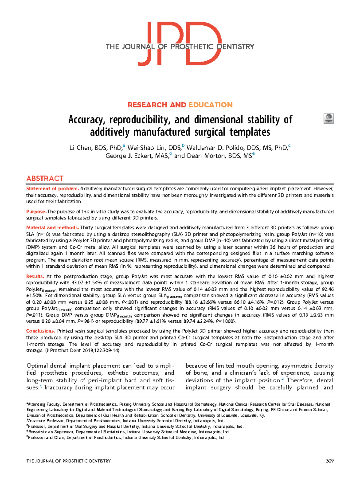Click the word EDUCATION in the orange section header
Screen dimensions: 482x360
coord(211,105)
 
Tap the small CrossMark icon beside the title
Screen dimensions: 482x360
coord(329,119)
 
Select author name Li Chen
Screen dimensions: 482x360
coord(80,148)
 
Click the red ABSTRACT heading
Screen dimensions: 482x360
coord(45,179)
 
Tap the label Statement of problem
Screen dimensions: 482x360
coord(52,189)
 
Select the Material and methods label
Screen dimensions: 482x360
coord(52,227)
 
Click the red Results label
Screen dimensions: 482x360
coord(35,276)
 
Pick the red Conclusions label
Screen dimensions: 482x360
coord(40,331)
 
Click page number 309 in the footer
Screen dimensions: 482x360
coord(329,461)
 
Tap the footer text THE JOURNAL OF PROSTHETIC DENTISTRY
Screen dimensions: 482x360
coord(69,461)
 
